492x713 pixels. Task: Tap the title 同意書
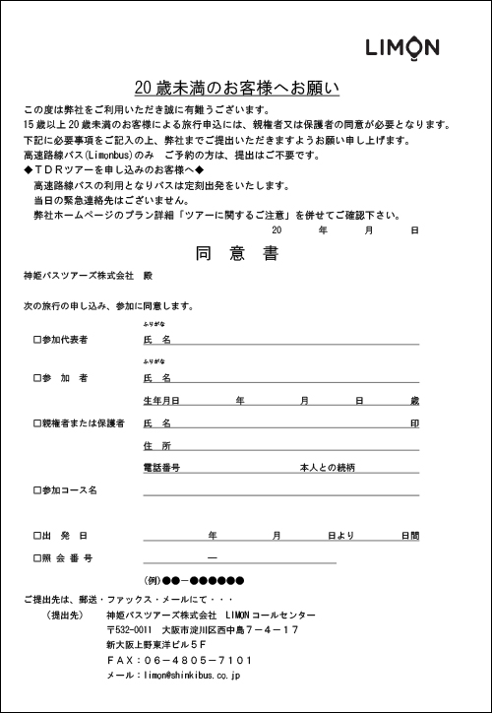tap(236, 253)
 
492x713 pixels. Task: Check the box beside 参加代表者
tap(36, 340)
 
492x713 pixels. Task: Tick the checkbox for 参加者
tap(36, 378)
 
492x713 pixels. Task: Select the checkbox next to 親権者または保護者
tap(36, 423)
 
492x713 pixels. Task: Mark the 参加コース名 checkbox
tap(36, 489)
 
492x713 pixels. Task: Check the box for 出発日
tap(36, 536)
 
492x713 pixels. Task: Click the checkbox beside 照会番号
tap(36, 558)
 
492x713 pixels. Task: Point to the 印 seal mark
tap(415, 423)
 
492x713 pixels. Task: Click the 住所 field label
tap(157, 446)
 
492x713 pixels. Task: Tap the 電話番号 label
tap(161, 468)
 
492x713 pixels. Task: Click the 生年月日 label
tap(161, 401)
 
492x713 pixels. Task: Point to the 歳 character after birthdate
tap(415, 401)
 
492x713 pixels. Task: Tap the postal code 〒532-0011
tap(129, 628)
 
